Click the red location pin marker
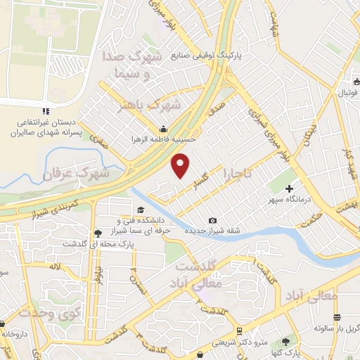tap(181, 165)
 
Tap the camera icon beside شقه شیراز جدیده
tap(212, 221)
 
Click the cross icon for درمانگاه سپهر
tap(290, 188)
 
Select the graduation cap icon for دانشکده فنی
tap(140, 210)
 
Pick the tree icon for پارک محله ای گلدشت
tap(96, 233)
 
